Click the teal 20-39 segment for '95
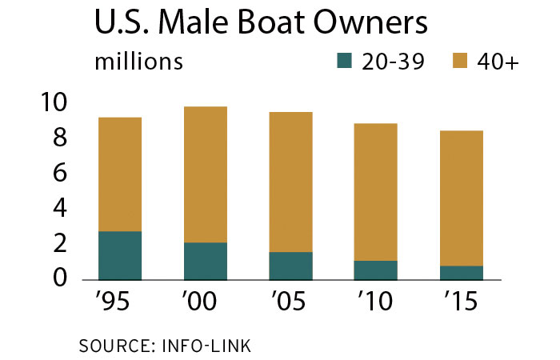click(120, 255)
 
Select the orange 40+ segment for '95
click(120, 174)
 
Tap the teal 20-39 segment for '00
click(205, 261)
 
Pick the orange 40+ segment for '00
click(205, 174)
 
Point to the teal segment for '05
click(290, 266)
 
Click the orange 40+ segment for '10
click(375, 192)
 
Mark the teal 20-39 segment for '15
click(461, 273)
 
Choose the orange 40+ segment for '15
click(461, 198)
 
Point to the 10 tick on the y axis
click(60, 103)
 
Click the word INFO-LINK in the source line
click(208, 346)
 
